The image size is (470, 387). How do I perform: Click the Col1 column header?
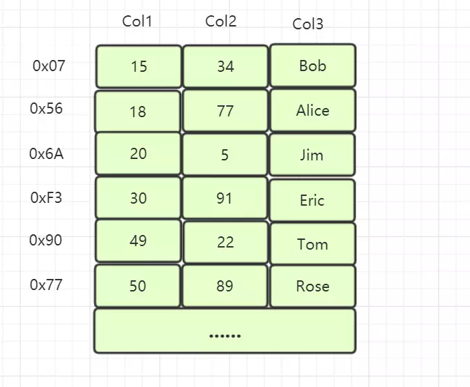point(137,22)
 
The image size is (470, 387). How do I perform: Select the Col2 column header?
point(220,22)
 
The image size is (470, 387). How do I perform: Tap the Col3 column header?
point(308,24)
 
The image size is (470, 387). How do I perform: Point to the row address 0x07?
point(49,66)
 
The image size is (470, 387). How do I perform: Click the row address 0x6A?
point(47,154)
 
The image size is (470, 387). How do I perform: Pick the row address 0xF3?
point(46,198)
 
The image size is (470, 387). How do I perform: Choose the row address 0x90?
point(45,240)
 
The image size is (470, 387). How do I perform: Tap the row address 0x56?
point(46,108)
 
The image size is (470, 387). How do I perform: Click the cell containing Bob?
point(313,66)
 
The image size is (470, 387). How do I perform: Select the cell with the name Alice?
point(313,110)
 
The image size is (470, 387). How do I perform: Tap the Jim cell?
point(312,154)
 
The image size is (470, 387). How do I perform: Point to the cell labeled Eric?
point(312,200)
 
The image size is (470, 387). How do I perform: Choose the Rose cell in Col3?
point(313,286)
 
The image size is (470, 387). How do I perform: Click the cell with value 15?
point(139,66)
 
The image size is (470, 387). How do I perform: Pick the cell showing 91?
point(225,198)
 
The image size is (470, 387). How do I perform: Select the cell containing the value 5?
point(225,154)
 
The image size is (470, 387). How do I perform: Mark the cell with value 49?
point(138,241)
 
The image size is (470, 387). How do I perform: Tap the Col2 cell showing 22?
point(225,242)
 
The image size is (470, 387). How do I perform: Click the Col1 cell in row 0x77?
point(137,286)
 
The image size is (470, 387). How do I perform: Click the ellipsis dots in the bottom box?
point(225,335)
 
